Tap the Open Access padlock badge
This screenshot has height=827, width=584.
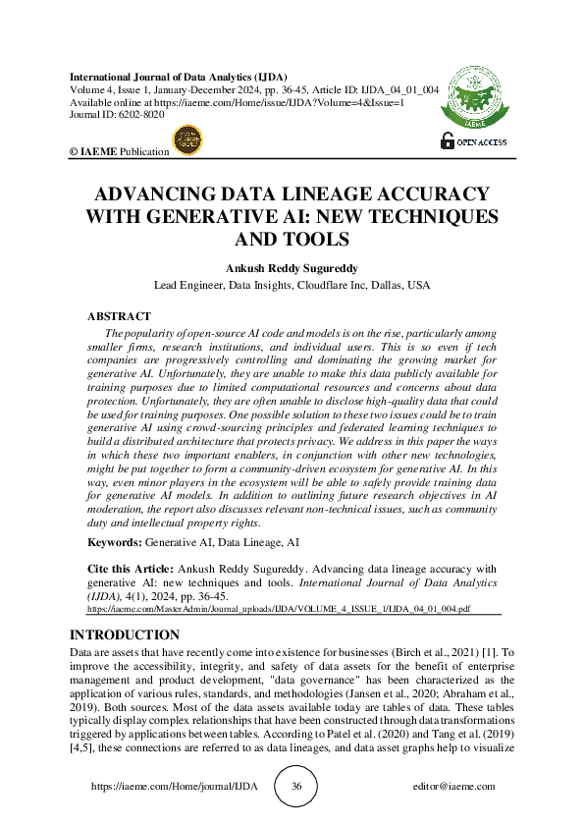click(473, 142)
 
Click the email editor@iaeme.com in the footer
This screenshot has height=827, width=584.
click(454, 787)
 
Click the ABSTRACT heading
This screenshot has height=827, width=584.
click(119, 316)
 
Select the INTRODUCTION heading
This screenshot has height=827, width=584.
click(125, 634)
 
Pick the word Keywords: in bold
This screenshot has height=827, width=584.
click(113, 542)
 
